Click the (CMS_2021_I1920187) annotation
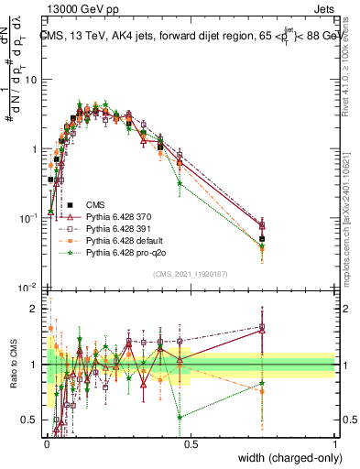191,273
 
